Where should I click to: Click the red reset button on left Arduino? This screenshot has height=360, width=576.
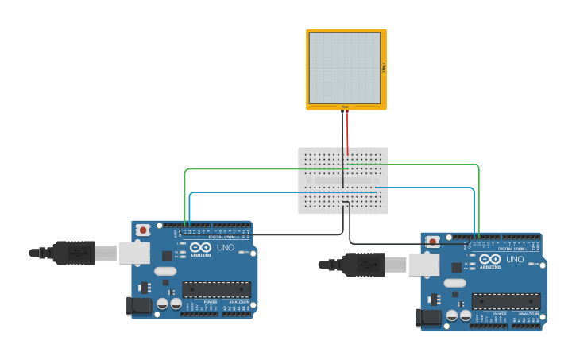coord(142,230)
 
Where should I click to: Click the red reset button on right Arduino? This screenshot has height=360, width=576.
coord(431,242)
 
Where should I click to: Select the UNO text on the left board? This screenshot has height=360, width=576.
coord(226,248)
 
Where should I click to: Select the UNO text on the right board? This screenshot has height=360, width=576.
coord(515,260)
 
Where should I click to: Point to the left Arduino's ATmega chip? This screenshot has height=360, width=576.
coord(216,289)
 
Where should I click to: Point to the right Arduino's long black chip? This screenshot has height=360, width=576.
coord(505,301)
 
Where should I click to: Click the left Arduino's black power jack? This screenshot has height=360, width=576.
coord(139,306)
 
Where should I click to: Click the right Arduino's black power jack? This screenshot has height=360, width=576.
coord(428,318)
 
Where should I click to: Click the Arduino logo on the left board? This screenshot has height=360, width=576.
coord(199,248)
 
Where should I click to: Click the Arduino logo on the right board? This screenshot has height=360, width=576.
coord(489,260)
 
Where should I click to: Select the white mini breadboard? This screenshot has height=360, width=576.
coord(343,180)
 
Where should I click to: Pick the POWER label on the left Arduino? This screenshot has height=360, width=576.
coord(211,302)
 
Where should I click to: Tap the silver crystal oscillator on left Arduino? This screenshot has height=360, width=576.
coord(165,271)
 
